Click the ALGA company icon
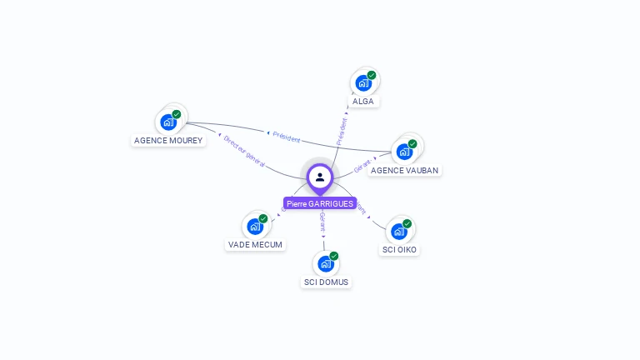coord(363,82)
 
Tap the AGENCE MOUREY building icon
coord(168,122)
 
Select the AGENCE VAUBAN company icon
coord(404,152)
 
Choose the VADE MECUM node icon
coord(255,226)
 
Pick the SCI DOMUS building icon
coord(326,263)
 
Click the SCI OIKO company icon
coord(399,231)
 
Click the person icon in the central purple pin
coord(320,177)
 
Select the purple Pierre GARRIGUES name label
coord(320,203)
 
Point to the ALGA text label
coord(363,102)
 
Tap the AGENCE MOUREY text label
coord(168,141)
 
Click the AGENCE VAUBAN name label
coord(404,170)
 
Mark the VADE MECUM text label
coord(255,245)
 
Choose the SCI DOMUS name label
coord(327,282)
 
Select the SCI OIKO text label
coord(400,249)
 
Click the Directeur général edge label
coord(244,152)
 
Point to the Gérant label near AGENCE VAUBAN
coord(362,166)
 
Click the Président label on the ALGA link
coord(342,132)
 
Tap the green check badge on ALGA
coord(372,75)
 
